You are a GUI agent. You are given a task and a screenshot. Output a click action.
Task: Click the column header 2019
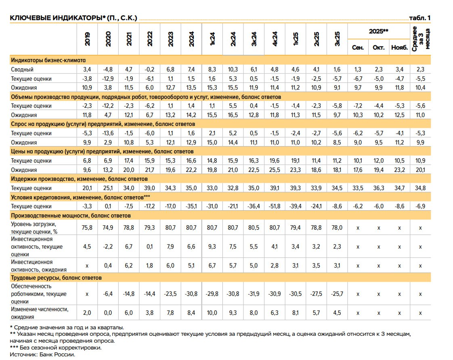[87, 39]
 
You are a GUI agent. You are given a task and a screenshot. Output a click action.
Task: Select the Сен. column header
[358, 48]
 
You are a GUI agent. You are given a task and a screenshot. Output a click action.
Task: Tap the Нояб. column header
[399, 48]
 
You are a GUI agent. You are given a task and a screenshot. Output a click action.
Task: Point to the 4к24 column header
[275, 39]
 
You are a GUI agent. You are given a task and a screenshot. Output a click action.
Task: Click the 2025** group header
[379, 31]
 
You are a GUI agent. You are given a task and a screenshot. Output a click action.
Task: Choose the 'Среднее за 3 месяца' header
[421, 38]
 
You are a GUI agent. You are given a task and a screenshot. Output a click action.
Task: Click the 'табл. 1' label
[420, 18]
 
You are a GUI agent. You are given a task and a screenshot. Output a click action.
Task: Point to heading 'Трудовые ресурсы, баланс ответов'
[56, 278]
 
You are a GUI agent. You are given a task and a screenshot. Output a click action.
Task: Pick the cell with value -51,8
[275, 206]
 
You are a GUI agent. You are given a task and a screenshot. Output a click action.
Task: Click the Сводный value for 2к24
[233, 69]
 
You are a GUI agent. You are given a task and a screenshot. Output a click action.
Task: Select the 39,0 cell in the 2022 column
[150, 188]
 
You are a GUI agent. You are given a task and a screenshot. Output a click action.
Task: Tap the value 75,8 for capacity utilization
[87, 227]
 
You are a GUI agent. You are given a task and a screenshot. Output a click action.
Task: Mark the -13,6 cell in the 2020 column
[108, 133]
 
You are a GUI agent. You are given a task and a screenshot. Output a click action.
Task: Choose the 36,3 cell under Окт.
[379, 188]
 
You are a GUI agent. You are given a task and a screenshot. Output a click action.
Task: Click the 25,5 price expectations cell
[275, 170]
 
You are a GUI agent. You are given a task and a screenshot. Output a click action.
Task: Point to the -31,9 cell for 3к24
[254, 294]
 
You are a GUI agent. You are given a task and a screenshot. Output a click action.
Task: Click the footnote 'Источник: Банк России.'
[43, 354]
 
